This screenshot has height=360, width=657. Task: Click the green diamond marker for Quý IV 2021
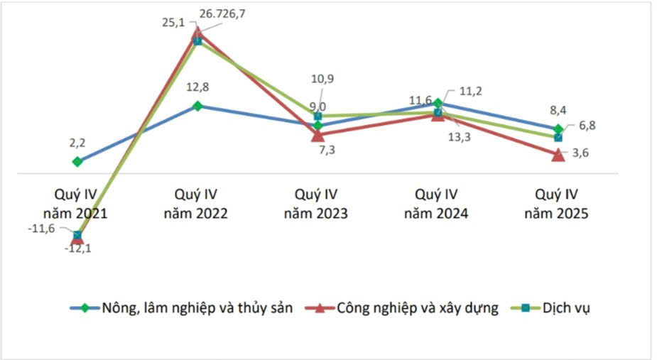(x=77, y=162)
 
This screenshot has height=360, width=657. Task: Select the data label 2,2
(x=77, y=142)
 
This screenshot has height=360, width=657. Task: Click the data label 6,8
(x=586, y=126)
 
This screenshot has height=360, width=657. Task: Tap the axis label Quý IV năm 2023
(x=317, y=204)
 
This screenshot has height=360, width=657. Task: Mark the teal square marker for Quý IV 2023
(x=317, y=116)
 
